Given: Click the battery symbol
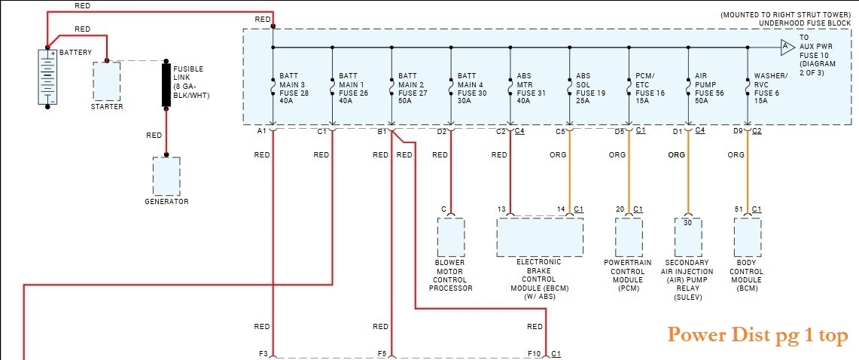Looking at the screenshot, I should pos(47,78).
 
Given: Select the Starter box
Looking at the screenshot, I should pos(106,81).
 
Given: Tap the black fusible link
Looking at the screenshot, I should pos(165,85).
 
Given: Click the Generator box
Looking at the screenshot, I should pos(166,176).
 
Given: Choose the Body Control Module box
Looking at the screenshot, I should pos(748,237).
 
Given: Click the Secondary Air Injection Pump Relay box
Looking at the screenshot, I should pos(687,237).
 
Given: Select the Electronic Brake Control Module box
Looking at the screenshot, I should pos(539,237).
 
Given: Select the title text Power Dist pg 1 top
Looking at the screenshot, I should pos(758,334).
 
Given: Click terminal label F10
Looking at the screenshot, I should pos(534,353).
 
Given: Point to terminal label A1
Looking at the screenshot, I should pos(261,132).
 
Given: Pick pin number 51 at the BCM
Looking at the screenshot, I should pos(739,209).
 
